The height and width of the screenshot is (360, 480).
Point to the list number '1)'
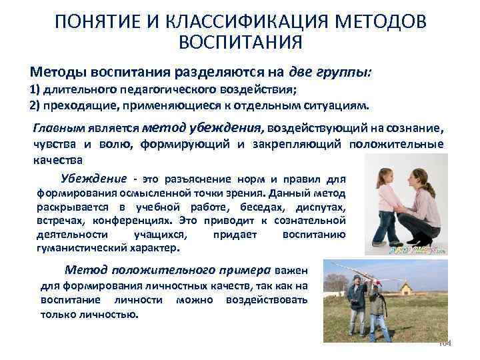tap(37, 91)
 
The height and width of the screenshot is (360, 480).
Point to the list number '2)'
tap(37, 105)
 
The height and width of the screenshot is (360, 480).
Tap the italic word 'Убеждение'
tap(93, 178)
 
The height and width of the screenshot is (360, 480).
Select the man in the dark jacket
tap(377, 307)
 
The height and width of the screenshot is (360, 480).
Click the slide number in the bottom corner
tap(445, 343)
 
